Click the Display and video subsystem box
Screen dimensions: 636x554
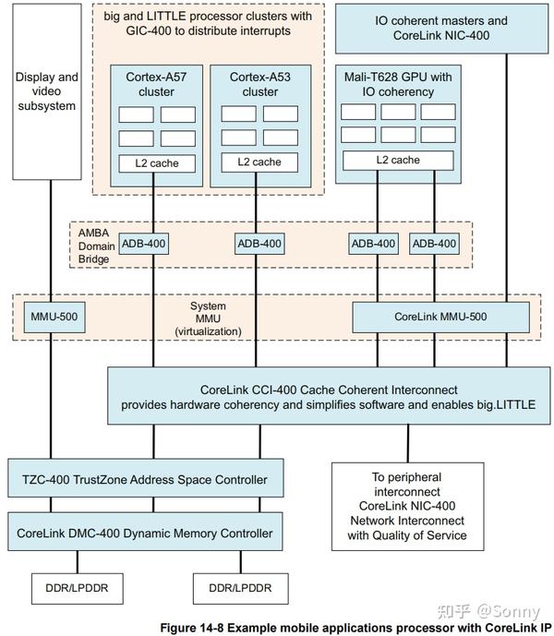coord(47,92)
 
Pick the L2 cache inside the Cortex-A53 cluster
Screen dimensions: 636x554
coord(259,162)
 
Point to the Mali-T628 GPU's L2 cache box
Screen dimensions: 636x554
coord(398,160)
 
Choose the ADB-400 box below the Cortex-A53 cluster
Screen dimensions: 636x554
coord(260,244)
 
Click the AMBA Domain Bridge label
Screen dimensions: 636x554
coord(97,246)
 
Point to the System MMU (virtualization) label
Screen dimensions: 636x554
coord(214,318)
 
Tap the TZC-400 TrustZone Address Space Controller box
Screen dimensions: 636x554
coord(145,479)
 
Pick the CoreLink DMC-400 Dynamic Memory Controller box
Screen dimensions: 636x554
coord(145,534)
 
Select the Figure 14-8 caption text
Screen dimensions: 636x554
coord(355,628)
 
